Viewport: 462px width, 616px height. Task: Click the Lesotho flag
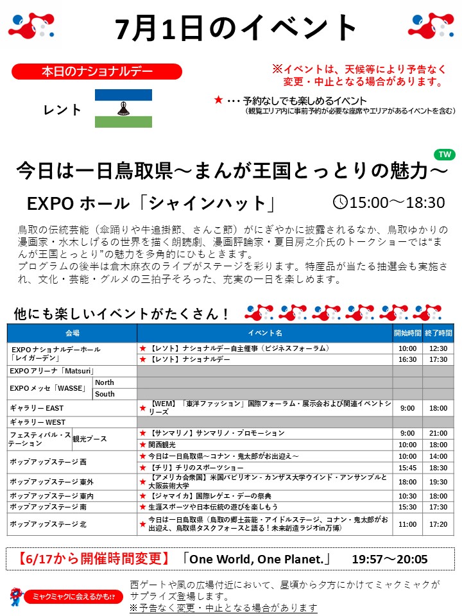tap(123, 108)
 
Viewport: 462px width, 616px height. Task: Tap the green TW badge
tap(443, 155)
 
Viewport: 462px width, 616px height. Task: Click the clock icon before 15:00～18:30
tap(340, 202)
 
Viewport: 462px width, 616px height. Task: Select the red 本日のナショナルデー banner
tap(97, 71)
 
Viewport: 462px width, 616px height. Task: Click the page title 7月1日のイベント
tap(237, 28)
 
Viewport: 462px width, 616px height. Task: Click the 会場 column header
tap(72, 333)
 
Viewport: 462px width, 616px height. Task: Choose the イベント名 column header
tap(265, 333)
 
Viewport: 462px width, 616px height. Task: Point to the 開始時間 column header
tap(407, 333)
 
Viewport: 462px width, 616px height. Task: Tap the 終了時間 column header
tap(438, 333)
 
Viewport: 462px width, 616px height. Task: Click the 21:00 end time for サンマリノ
tap(438, 433)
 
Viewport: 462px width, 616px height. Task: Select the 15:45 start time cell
tap(407, 468)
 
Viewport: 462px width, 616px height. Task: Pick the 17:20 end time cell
tap(438, 524)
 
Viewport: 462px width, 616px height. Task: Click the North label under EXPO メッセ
tap(105, 382)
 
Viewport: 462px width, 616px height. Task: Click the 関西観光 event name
tap(162, 444)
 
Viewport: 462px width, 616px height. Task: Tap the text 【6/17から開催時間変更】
tap(90, 558)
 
